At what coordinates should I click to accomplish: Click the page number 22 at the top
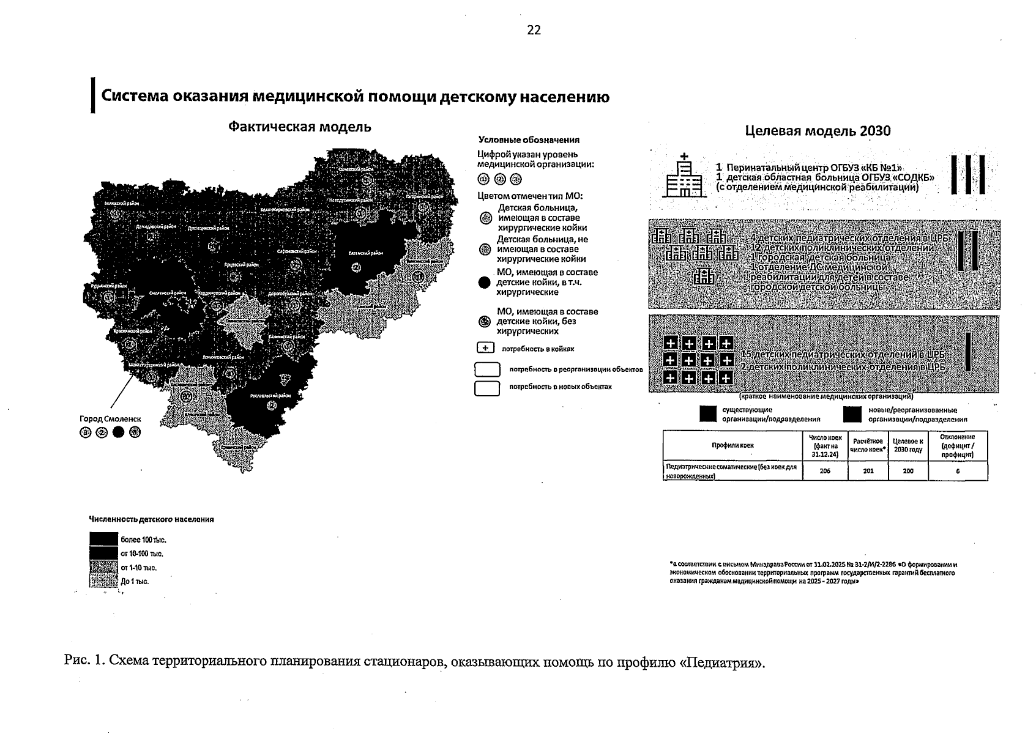(534, 31)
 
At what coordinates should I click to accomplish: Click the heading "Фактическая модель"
(299, 127)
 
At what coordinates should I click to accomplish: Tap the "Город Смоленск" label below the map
(110, 419)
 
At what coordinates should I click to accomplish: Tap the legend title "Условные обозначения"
(529, 140)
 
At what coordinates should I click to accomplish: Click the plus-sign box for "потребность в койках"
(485, 349)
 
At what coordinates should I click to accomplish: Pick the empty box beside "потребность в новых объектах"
(487, 388)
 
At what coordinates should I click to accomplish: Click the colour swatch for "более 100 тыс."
(103, 539)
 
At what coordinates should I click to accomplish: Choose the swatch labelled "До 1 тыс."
(103, 581)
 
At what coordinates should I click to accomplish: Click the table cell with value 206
(824, 471)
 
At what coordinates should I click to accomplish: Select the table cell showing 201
(868, 471)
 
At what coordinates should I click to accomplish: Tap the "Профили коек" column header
(732, 445)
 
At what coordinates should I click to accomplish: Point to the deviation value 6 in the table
(958, 471)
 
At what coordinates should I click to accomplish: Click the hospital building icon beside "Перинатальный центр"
(684, 176)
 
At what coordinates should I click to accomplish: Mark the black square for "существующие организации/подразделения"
(708, 415)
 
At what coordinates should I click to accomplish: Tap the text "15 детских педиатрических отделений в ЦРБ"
(843, 355)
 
